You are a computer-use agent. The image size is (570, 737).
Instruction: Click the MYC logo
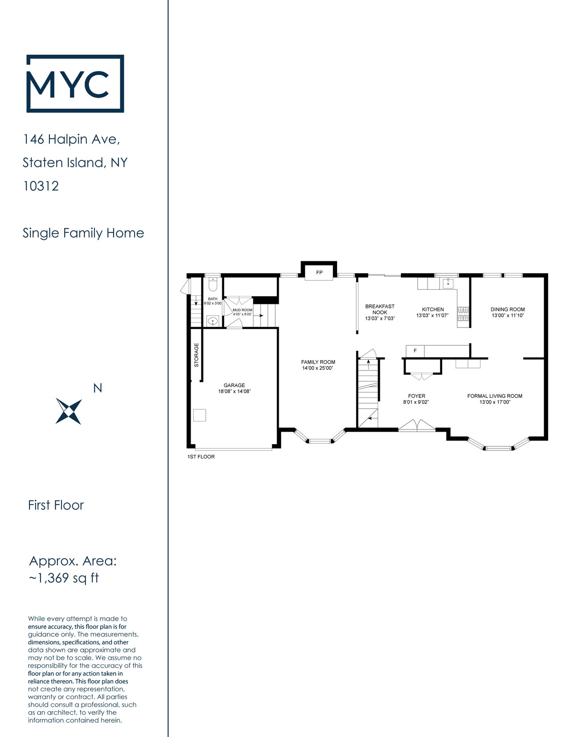[75, 83]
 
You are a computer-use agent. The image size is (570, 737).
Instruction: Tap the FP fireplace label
[319, 272]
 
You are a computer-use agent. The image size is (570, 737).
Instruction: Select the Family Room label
[318, 362]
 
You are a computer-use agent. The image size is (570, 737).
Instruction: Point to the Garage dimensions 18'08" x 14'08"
[234, 391]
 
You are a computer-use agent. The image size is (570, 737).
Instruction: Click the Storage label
[196, 355]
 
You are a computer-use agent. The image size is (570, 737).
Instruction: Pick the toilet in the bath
[213, 285]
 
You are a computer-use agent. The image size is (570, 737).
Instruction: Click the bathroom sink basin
[213, 321]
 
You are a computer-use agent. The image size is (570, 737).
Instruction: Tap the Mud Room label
[243, 310]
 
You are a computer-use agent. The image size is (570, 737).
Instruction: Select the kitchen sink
[448, 283]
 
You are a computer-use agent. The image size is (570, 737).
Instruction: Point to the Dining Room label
[508, 309]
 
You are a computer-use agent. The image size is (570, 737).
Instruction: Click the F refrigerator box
[415, 351]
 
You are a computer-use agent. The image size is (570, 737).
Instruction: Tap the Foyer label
[417, 396]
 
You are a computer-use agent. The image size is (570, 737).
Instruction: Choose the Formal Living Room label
[495, 396]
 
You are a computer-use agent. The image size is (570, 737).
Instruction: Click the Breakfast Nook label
[380, 309]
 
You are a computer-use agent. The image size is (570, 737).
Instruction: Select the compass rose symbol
[69, 411]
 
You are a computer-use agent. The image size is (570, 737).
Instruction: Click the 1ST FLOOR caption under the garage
[201, 457]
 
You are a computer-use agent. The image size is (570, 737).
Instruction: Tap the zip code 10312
[41, 186]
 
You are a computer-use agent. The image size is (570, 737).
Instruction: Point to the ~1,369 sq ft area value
[64, 578]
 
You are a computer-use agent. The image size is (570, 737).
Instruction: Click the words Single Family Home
[83, 233]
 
